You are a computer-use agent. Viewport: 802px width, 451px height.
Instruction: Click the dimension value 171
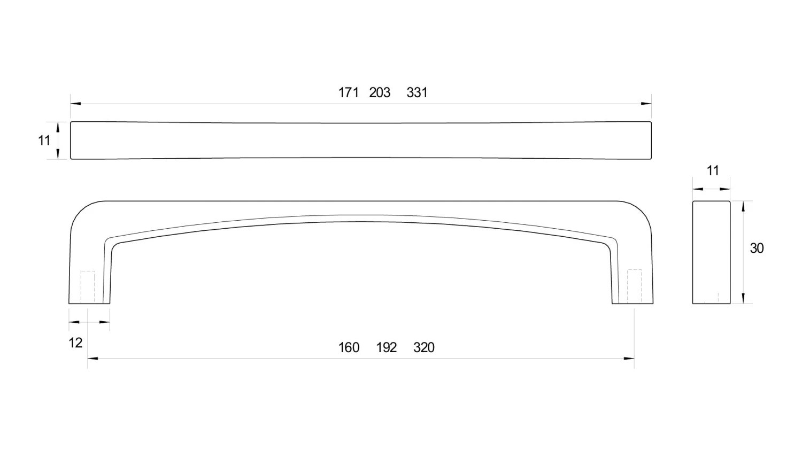(348, 92)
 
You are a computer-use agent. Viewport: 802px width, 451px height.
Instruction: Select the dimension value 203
(380, 92)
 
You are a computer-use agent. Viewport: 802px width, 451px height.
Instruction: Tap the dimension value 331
(417, 92)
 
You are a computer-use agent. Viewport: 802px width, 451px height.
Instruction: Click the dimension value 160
(349, 347)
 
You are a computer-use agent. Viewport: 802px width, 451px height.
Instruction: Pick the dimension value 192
(387, 347)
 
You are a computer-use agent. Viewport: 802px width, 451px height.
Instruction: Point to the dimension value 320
(424, 347)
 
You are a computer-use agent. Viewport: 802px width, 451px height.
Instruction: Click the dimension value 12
(75, 343)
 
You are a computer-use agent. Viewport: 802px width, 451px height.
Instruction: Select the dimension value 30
(757, 248)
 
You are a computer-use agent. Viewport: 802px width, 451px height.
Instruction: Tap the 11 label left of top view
(44, 141)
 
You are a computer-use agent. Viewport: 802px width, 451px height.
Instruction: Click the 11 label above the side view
(713, 171)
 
